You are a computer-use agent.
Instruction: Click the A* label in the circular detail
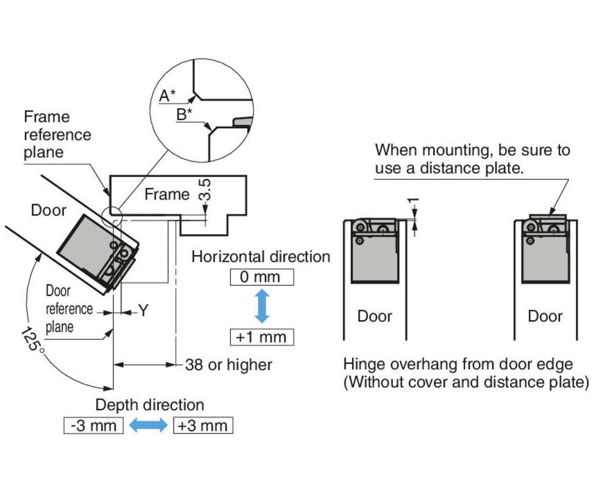[167, 95]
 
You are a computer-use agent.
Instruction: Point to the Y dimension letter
[143, 311]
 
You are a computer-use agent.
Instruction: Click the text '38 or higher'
[229, 365]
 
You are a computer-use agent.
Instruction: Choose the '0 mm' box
[261, 278]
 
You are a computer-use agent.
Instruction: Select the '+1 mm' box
[261, 337]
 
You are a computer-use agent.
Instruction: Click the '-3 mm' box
[93, 425]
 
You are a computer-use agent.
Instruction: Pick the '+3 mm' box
[203, 425]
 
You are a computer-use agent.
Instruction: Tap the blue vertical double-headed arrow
[261, 307]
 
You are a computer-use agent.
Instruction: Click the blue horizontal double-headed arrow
[148, 425]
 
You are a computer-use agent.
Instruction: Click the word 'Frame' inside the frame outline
[167, 194]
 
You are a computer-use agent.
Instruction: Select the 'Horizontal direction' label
[261, 257]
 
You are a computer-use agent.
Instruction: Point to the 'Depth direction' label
[149, 405]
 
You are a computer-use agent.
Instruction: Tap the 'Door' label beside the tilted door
[48, 211]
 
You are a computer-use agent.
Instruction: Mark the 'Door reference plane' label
[69, 309]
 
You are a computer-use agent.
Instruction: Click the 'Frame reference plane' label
[57, 134]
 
